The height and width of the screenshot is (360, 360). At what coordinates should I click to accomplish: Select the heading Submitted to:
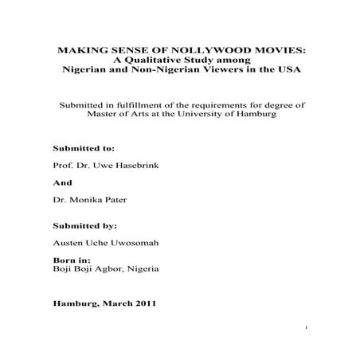[x=84, y=148]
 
